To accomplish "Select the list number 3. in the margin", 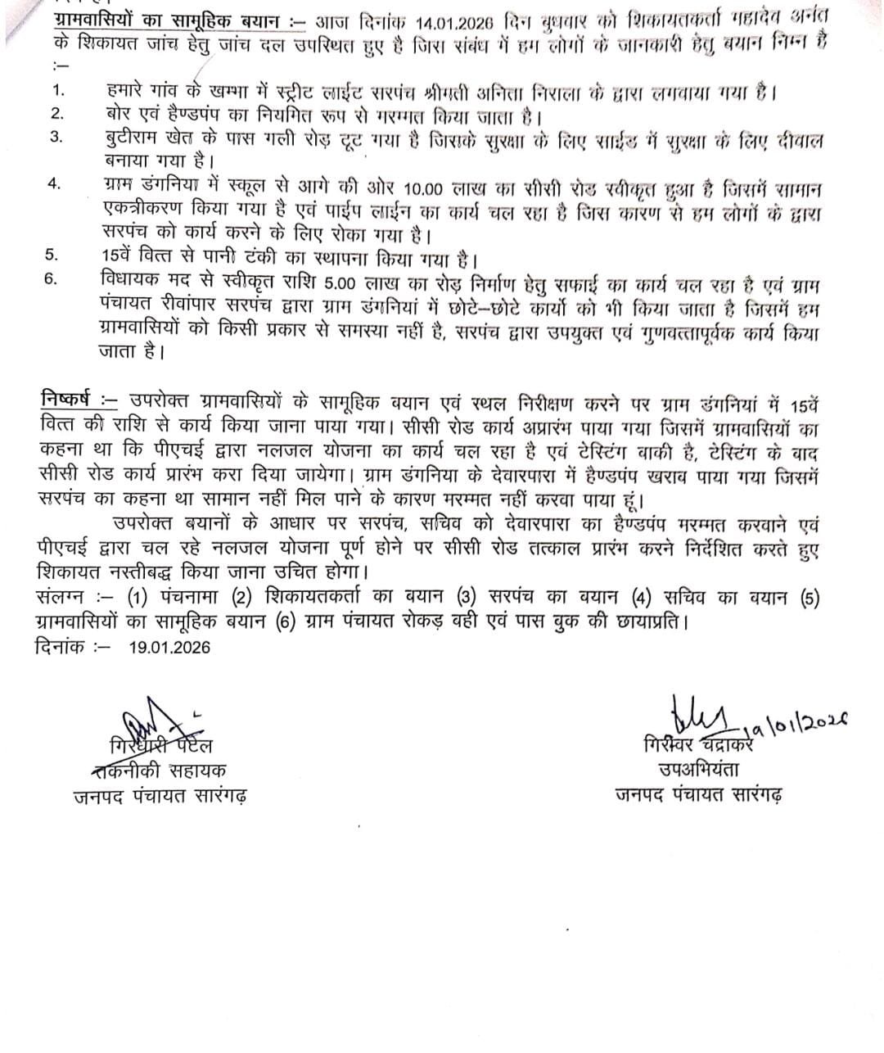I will click(x=55, y=137).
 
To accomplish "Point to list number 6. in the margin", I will click(x=51, y=278).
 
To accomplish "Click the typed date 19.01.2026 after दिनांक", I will click(x=169, y=647).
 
